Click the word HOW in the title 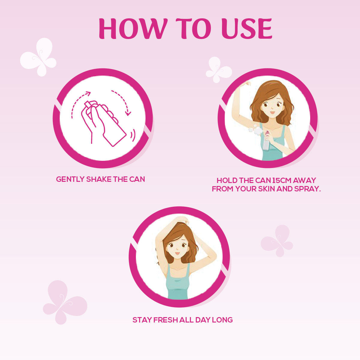coord(133,28)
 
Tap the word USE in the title coord(247,28)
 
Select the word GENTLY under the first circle coord(70,179)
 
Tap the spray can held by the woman coord(266,141)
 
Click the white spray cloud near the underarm coord(256,130)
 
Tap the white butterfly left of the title coord(38,57)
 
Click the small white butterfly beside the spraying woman coord(219,70)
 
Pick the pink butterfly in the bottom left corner coord(64,302)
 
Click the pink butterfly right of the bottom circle coord(277,241)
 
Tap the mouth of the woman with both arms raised coord(177,253)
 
